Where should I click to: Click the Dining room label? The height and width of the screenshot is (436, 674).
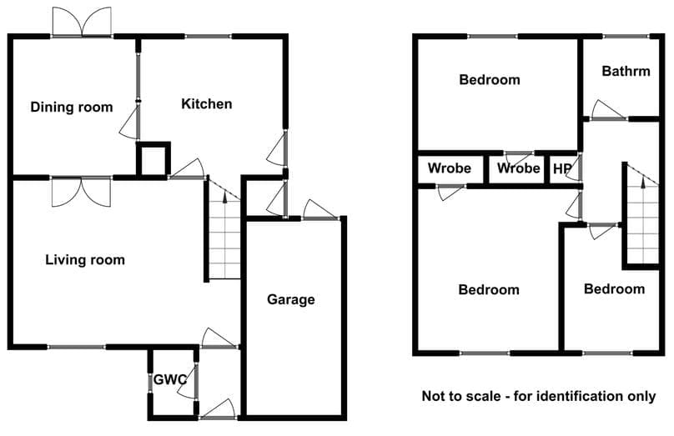coord(72,107)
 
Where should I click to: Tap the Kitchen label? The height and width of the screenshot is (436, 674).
coord(207,103)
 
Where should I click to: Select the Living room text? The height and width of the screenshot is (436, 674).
coord(85,259)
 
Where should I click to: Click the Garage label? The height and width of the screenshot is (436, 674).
coord(291,299)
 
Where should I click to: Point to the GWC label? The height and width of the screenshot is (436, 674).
coord(170,379)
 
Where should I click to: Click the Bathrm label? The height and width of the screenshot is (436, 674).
coord(626,71)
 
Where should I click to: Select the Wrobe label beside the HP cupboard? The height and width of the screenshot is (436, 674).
coord(518,168)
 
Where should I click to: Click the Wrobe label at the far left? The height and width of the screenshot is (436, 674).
coord(450,168)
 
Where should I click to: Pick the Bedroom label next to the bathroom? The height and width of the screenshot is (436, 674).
coord(490,79)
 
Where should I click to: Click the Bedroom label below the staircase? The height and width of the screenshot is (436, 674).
coord(614,288)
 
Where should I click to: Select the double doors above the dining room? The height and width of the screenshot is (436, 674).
coord(82,22)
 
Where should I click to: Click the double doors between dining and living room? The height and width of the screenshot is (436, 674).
coord(81,192)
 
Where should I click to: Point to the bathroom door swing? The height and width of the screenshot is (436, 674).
coord(608,110)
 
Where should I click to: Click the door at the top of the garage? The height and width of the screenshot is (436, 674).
coord(320,210)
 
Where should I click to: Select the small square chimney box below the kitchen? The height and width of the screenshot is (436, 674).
coord(153,159)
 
